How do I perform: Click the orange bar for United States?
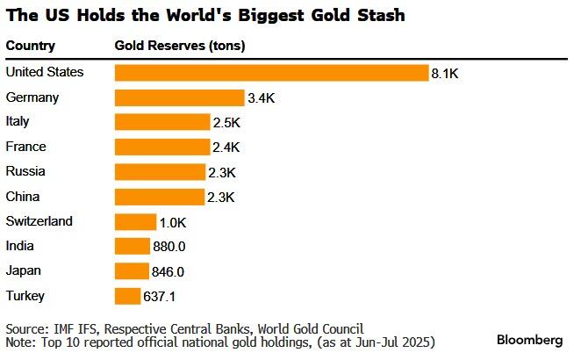(270, 73)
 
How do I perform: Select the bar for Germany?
(179, 97)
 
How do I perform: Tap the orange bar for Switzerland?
(135, 221)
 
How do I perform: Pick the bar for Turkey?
(127, 295)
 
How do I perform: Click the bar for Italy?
(161, 122)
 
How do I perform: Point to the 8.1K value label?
(444, 74)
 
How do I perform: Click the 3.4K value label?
(262, 98)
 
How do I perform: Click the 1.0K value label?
(174, 222)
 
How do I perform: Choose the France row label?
(25, 147)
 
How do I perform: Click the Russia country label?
(25, 171)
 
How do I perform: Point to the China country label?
(23, 196)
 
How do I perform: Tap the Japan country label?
(24, 270)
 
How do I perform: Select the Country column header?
(31, 46)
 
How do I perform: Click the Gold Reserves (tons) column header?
(181, 46)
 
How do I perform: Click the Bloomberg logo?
(529, 340)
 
